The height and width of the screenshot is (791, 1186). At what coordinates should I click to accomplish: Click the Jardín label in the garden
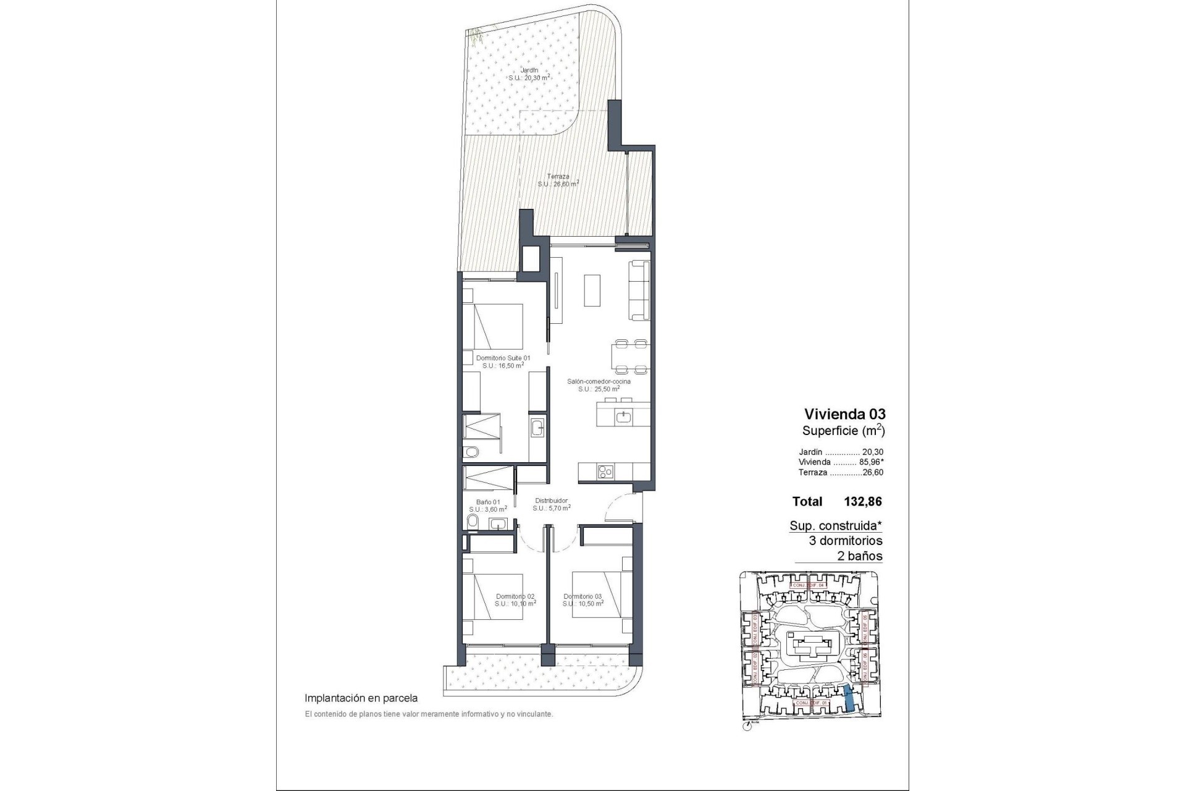tap(529, 70)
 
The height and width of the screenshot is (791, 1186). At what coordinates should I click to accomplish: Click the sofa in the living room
tap(639, 290)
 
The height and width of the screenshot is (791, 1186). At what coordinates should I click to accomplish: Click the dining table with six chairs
tap(631, 357)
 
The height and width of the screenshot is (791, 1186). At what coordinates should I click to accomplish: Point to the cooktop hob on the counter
tap(605, 473)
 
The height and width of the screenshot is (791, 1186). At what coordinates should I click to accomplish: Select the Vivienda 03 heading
tap(844, 414)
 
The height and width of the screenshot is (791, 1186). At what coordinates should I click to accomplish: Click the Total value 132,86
tap(862, 502)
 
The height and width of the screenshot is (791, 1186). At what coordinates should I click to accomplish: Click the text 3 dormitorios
tap(846, 541)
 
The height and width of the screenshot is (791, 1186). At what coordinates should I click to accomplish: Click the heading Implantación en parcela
tap(361, 698)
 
